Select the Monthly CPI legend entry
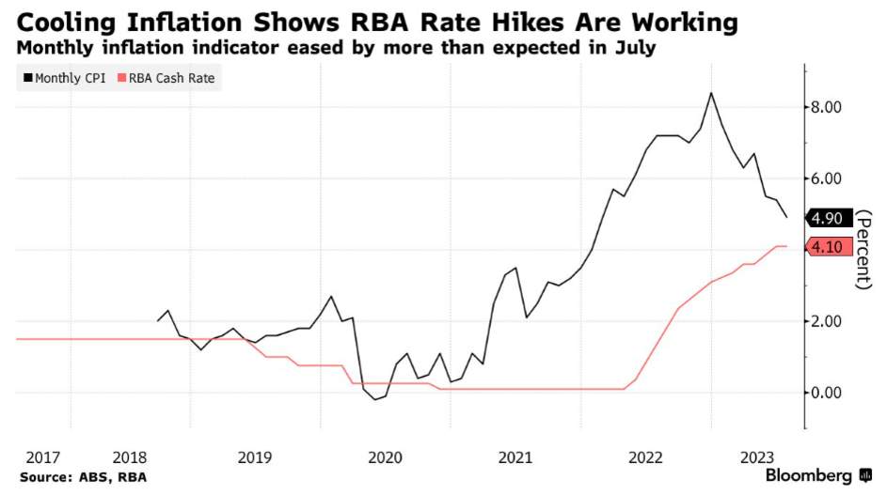(x=65, y=78)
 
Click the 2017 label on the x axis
(x=44, y=457)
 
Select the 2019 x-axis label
(x=255, y=457)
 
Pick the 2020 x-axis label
(x=385, y=457)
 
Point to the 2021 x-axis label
(x=515, y=457)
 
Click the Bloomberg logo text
(x=809, y=476)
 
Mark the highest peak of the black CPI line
(x=711, y=93)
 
